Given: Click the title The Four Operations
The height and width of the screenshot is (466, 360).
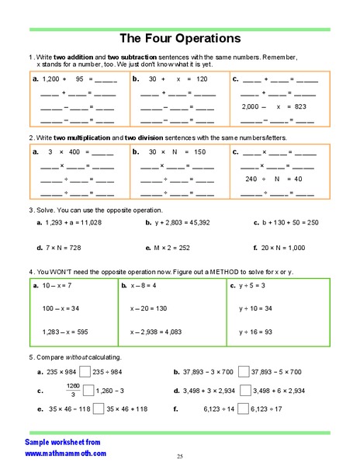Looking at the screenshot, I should (x=179, y=38).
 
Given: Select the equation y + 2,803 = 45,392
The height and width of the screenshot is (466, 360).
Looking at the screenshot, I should (x=185, y=222).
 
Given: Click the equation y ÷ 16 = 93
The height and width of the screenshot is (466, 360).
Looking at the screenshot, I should (x=255, y=332).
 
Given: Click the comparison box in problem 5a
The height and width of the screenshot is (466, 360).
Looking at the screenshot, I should (x=85, y=371).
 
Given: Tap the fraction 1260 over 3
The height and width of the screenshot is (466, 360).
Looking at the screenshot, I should (x=72, y=389).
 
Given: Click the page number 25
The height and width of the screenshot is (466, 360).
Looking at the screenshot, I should (x=179, y=456).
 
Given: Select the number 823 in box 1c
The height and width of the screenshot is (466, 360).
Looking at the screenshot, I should (x=300, y=106).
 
